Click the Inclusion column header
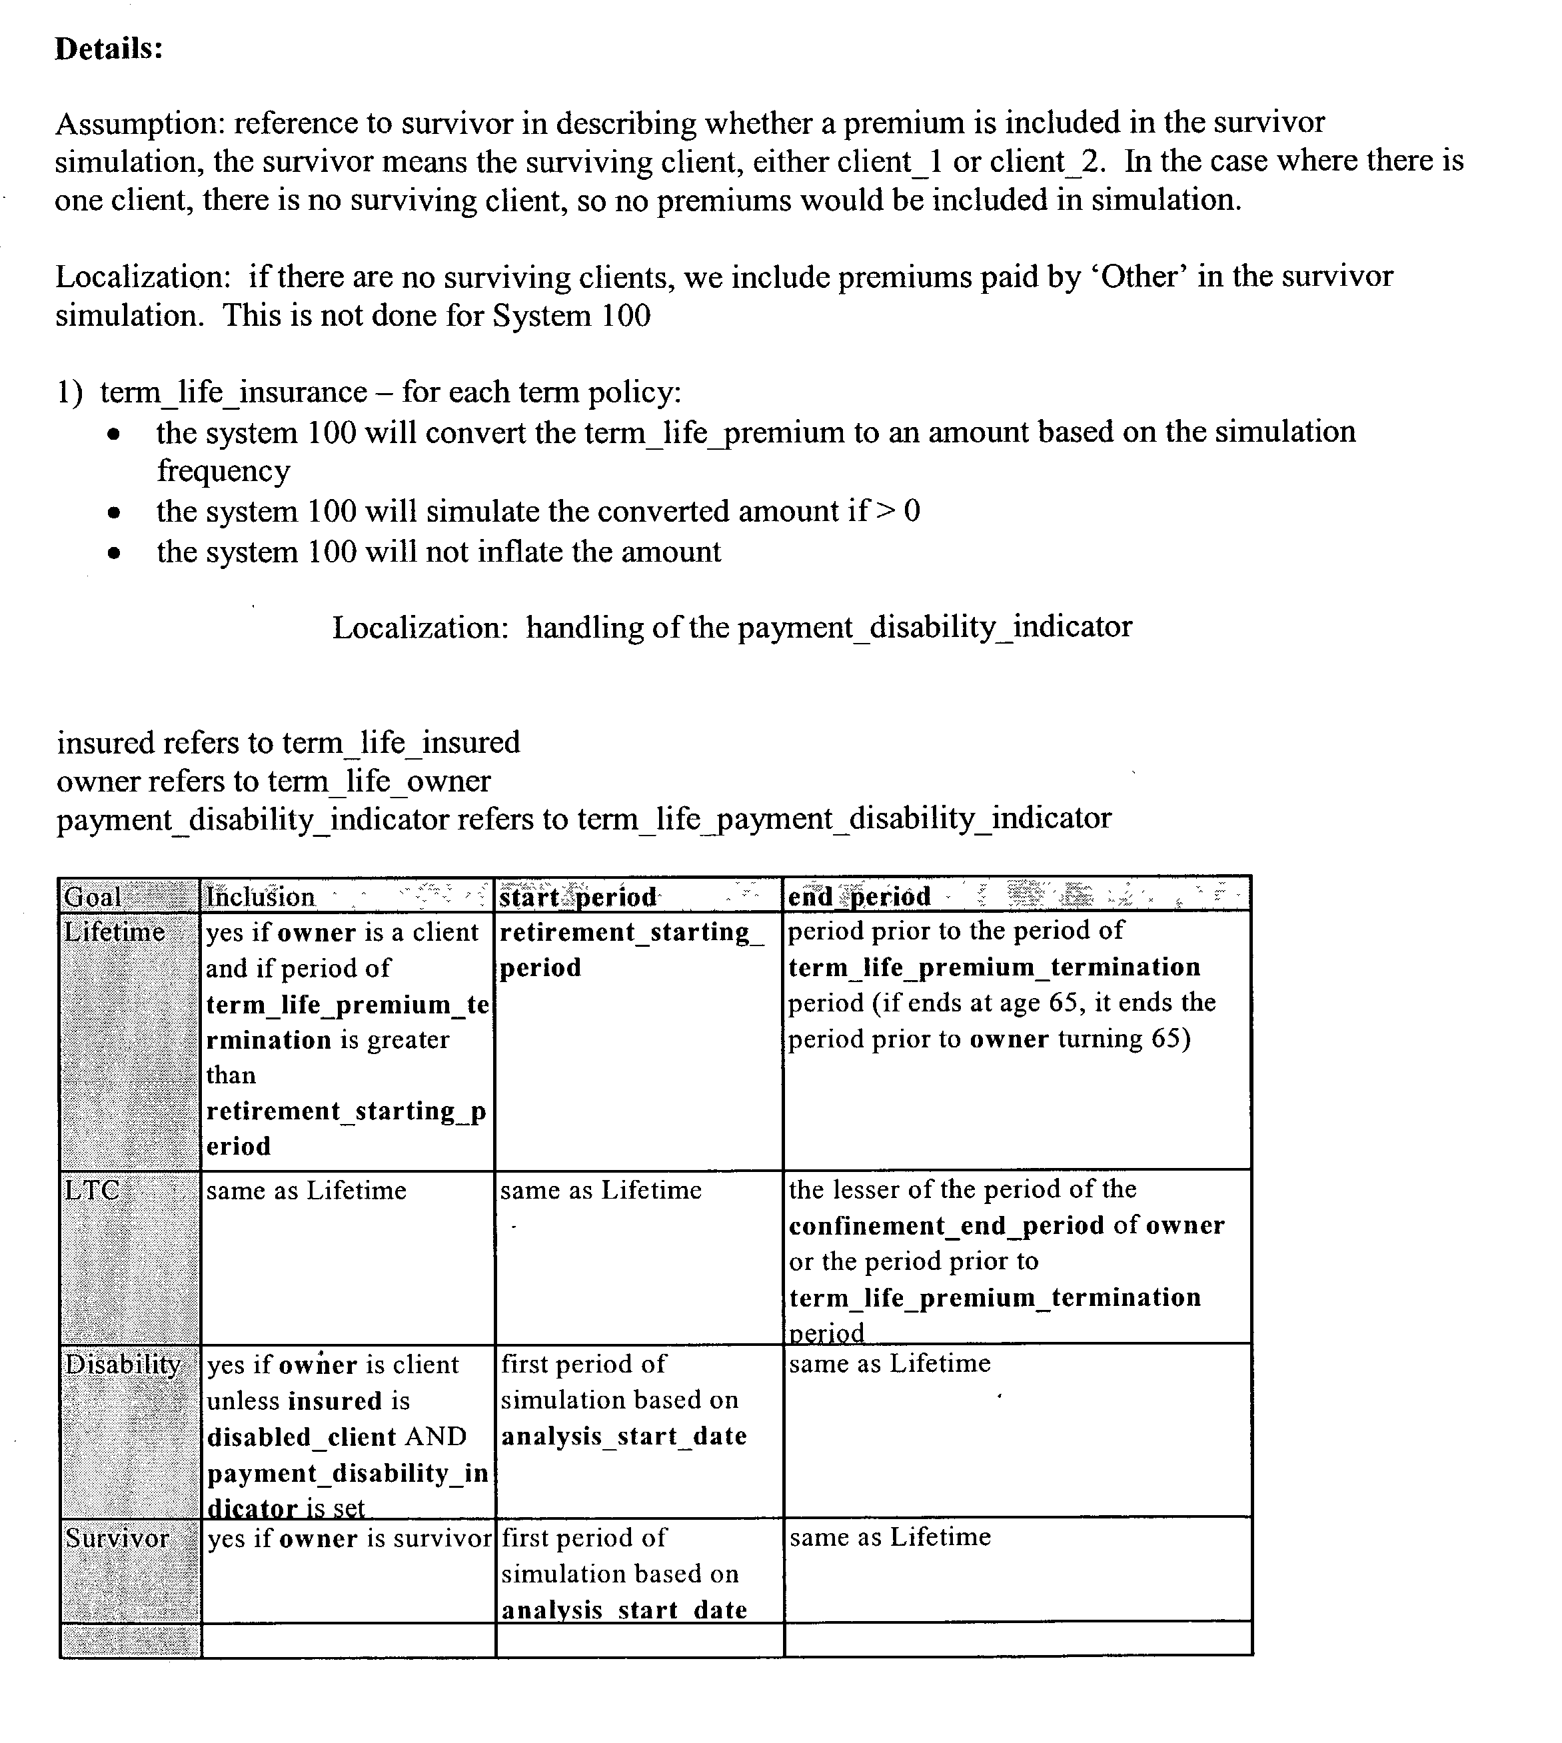click(260, 897)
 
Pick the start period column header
click(578, 897)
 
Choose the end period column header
click(859, 897)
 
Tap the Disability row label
click(123, 1365)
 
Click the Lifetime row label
click(114, 932)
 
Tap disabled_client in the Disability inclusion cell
click(301, 1437)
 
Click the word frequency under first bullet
click(223, 471)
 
